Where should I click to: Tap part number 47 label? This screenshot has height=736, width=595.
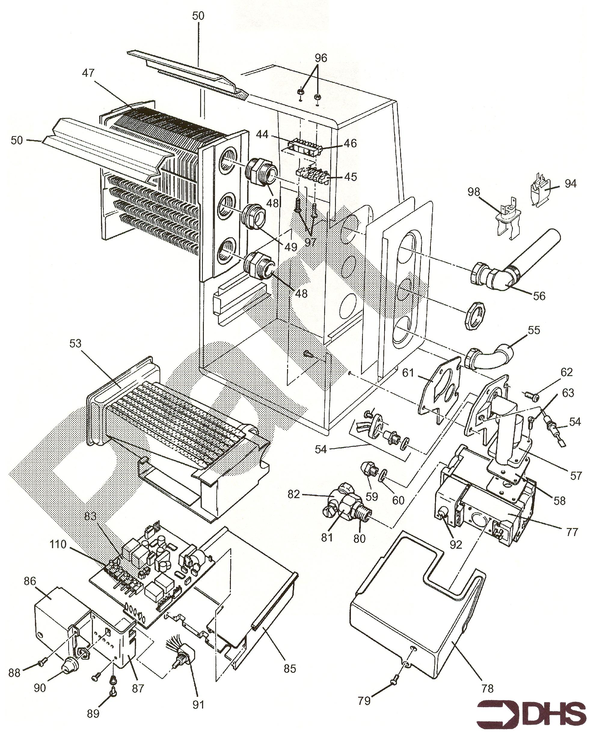(88, 73)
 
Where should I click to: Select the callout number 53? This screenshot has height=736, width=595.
(75, 343)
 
